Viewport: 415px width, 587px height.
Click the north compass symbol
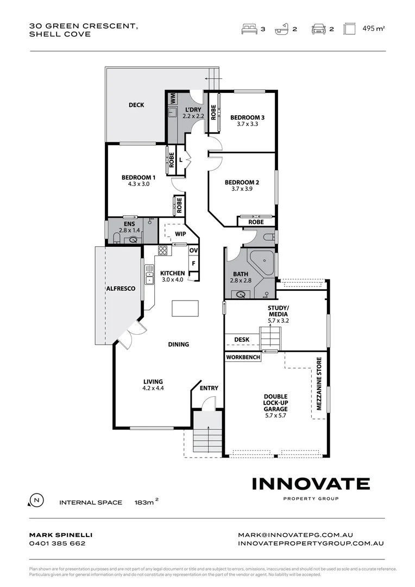pos(36,500)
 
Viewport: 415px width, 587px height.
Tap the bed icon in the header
pos(248,29)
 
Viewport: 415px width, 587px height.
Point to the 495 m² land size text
pos(373,29)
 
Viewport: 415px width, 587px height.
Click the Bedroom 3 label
pos(247,117)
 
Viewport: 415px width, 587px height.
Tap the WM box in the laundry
pos(173,98)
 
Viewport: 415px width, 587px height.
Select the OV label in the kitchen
pos(193,251)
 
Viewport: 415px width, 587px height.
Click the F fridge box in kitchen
pos(193,264)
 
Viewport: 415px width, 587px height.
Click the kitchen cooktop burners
pos(162,251)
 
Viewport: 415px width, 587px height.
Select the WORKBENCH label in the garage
pos(243,358)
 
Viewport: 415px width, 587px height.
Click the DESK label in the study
pos(242,340)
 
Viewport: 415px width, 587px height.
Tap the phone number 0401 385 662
pos(57,543)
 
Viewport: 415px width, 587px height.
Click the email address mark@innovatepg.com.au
pos(311,535)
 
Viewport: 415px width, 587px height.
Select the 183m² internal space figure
pos(146,503)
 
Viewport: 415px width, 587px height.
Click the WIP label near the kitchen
pos(180,234)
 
